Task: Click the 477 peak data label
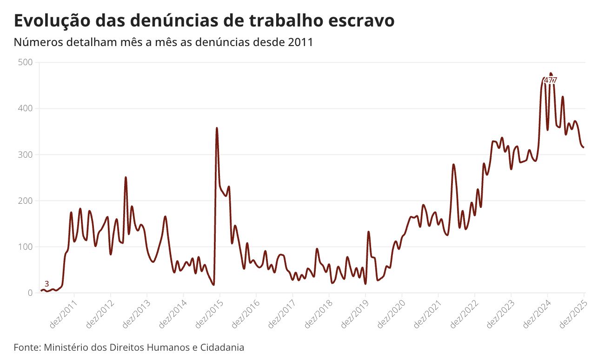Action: (x=550, y=80)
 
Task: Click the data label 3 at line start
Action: (x=46, y=284)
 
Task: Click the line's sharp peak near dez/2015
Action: (x=217, y=128)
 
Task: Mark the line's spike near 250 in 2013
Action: (x=126, y=178)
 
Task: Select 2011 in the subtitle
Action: (x=300, y=42)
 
